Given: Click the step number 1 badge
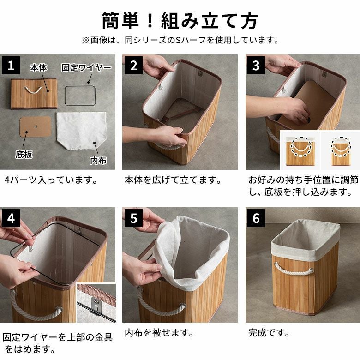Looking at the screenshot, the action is point(11,66).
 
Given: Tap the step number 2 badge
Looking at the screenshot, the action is point(133,66).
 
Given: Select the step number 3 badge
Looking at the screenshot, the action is point(256,66).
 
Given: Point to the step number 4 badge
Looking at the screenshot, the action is point(11,218).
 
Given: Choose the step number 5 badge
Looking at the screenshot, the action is point(133,218).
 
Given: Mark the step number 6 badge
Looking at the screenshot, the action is point(256,218).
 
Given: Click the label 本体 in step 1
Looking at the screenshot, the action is point(39,68).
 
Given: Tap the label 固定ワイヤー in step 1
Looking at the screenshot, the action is point(86,68).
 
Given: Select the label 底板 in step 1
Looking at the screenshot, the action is point(24,154).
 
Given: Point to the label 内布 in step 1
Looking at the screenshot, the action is point(98,161).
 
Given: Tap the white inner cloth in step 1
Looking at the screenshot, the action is point(81,131).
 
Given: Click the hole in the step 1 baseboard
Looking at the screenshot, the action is point(36,126).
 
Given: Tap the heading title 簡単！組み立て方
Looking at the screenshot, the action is point(180,21).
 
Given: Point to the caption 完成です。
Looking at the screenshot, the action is point(269,333).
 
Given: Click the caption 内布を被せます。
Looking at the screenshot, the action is point(159,333).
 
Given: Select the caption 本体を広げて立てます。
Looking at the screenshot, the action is point(173,180).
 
